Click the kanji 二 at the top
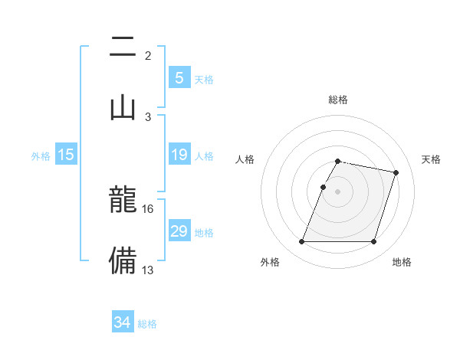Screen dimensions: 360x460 [123, 47]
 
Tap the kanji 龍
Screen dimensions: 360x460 [123, 201]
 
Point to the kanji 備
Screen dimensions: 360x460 [123, 260]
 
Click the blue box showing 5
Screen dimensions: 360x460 [179, 78]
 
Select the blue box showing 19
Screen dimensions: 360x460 [179, 155]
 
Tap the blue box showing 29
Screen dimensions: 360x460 [179, 231]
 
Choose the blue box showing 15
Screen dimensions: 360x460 [66, 155]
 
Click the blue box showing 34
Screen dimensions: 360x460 [122, 323]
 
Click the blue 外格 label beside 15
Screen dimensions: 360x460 [41, 156]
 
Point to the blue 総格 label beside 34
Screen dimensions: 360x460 [147, 324]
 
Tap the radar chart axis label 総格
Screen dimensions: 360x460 [337, 100]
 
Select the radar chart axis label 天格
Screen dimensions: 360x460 [432, 159]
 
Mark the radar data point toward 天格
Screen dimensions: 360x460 [396, 172]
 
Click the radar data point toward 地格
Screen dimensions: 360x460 [374, 242]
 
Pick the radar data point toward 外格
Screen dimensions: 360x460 [301, 242]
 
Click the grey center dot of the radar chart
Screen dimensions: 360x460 [337, 191]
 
